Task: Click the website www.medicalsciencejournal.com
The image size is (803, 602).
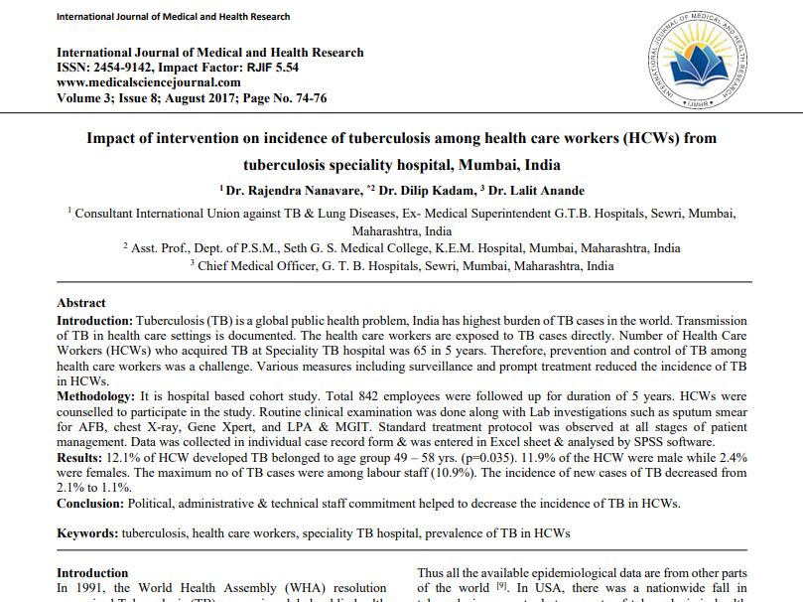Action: pyautogui.click(x=148, y=82)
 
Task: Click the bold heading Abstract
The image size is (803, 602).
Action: pyautogui.click(x=81, y=303)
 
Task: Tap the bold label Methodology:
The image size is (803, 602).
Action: pyautogui.click(x=97, y=395)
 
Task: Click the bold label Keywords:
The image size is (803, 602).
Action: pyautogui.click(x=87, y=533)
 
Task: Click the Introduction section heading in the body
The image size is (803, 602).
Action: pyautogui.click(x=92, y=573)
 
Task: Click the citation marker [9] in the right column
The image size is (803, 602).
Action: pyautogui.click(x=502, y=587)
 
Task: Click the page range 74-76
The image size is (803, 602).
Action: pyautogui.click(x=306, y=97)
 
